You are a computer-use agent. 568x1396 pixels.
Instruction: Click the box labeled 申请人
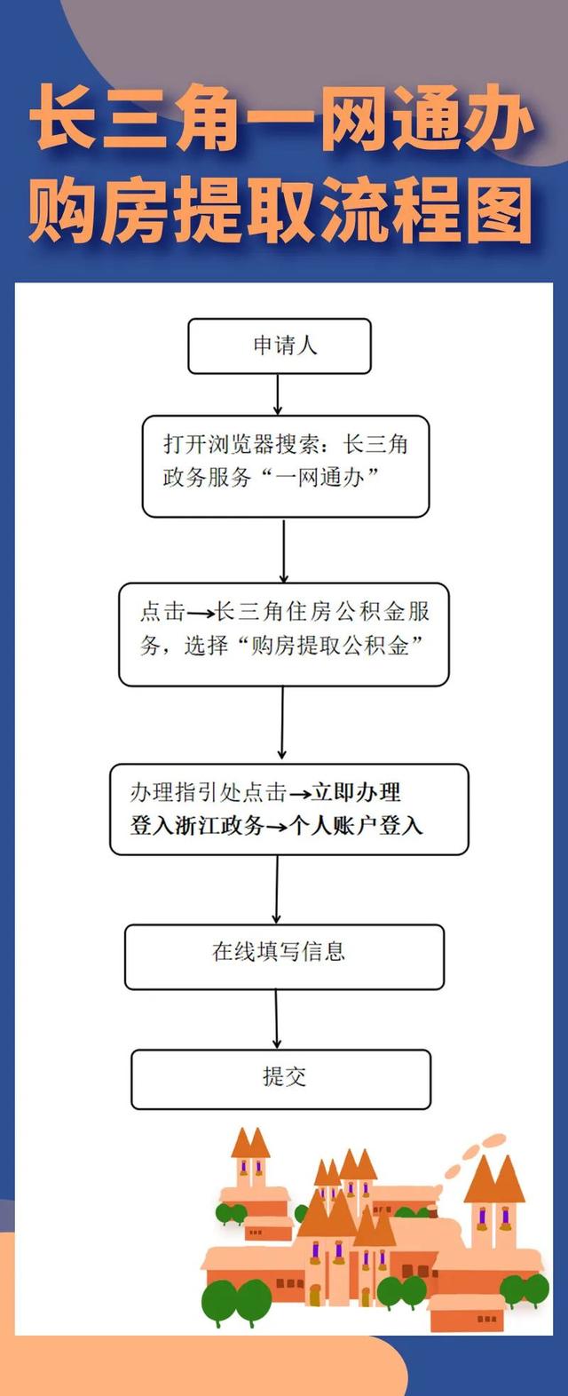[280, 345]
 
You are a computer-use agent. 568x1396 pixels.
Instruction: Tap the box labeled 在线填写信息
[284, 957]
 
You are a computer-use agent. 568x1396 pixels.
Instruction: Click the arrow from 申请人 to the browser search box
[278, 394]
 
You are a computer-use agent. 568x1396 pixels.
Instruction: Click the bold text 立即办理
[357, 793]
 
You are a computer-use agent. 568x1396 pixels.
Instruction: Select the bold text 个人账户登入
[357, 826]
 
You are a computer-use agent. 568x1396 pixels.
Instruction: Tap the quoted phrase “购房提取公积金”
[330, 645]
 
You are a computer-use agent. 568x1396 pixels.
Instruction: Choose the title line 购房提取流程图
[280, 210]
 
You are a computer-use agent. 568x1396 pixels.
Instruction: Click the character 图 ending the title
[498, 210]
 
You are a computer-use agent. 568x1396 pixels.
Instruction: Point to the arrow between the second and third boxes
[284, 551]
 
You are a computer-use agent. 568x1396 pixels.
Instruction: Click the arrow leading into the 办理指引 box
[282, 723]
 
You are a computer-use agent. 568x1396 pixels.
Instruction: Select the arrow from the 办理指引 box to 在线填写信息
[277, 889]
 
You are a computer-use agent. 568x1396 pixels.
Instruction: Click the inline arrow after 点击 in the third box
[201, 614]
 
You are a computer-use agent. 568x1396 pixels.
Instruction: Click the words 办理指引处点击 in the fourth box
[208, 793]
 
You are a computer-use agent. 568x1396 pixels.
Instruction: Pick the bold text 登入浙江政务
[197, 826]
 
